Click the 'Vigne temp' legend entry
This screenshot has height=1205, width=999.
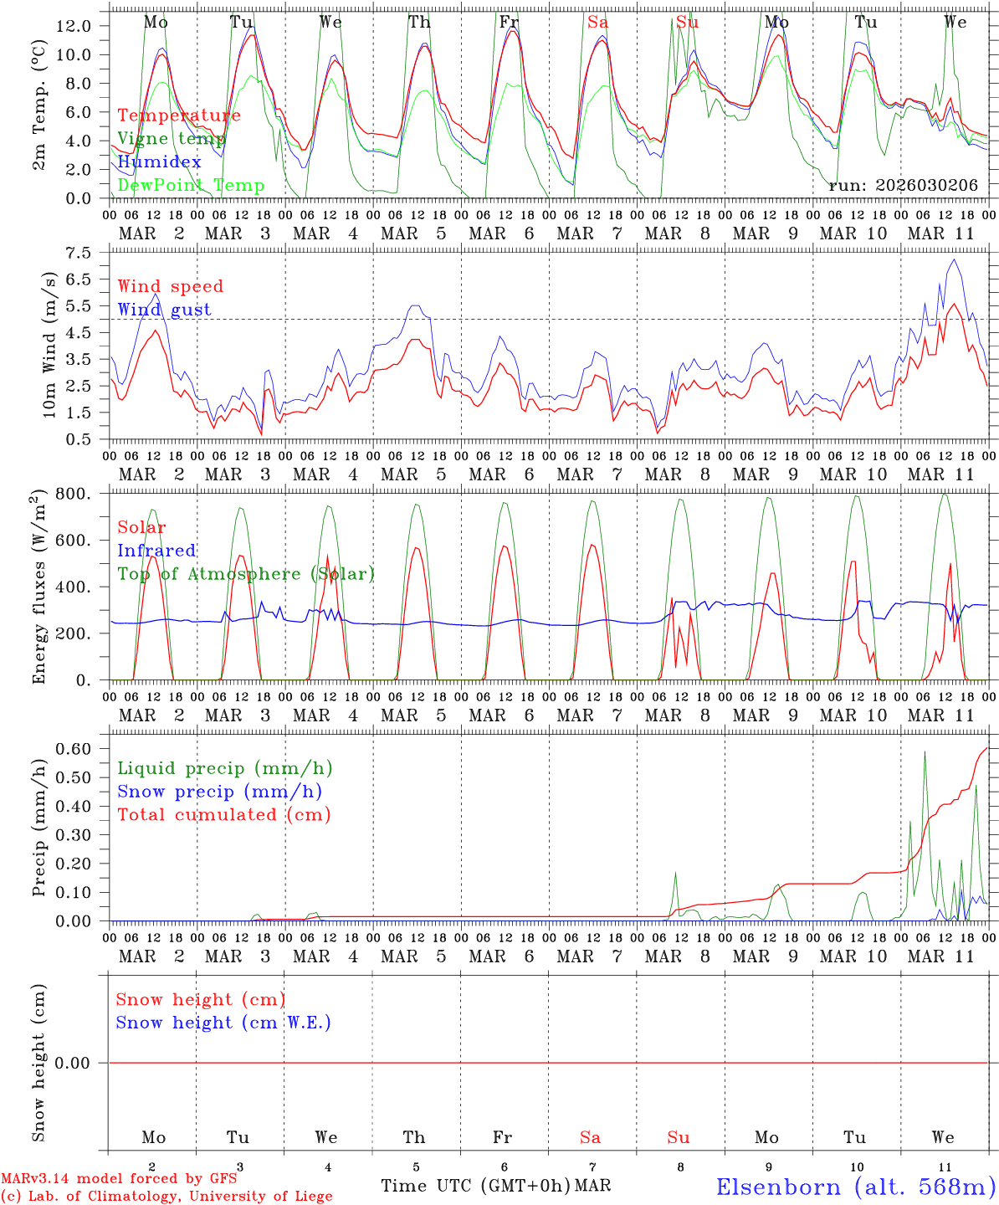coord(172,139)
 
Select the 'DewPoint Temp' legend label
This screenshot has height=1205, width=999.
coord(191,186)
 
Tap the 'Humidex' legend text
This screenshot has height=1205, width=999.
coord(159,162)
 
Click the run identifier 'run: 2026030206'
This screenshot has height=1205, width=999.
coord(903,186)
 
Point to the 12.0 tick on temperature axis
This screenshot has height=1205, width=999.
coord(73,26)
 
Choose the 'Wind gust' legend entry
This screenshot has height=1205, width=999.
coord(164,310)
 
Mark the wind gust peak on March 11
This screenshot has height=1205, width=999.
coord(954,260)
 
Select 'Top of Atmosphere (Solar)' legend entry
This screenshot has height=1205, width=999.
coord(246,574)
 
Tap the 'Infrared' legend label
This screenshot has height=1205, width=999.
coord(156,551)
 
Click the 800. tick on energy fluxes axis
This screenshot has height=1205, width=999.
coord(72,494)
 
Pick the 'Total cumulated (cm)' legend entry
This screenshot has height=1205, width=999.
coord(223,815)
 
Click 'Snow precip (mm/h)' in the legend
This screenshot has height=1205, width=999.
coord(219,792)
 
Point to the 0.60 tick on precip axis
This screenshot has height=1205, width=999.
coord(73,749)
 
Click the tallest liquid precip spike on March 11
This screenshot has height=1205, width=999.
coord(925,752)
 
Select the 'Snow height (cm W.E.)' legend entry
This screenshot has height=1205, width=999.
coord(223,1023)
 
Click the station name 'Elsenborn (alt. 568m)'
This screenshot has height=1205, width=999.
coord(855,1187)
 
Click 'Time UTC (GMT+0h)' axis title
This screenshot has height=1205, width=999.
coord(476,1186)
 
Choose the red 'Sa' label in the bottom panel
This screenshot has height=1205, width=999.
coord(590,1137)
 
